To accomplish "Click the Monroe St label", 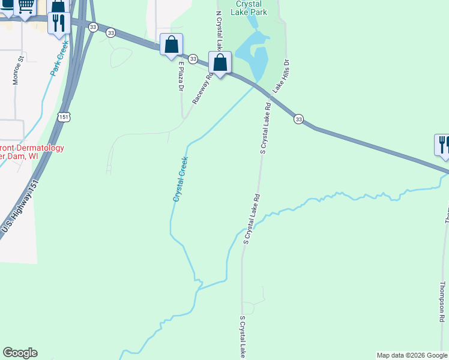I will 18,70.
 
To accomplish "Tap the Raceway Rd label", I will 203,89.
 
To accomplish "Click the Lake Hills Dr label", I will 282,75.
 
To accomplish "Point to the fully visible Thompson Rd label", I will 442,302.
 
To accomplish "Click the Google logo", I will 20,353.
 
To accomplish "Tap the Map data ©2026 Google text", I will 412,355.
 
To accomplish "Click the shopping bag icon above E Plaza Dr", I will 172,44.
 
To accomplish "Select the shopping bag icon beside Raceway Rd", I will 220,62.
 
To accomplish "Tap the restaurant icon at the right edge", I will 443,145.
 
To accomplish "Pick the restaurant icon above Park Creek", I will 59,23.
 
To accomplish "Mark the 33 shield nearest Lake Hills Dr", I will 298,119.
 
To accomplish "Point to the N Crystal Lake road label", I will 220,30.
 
